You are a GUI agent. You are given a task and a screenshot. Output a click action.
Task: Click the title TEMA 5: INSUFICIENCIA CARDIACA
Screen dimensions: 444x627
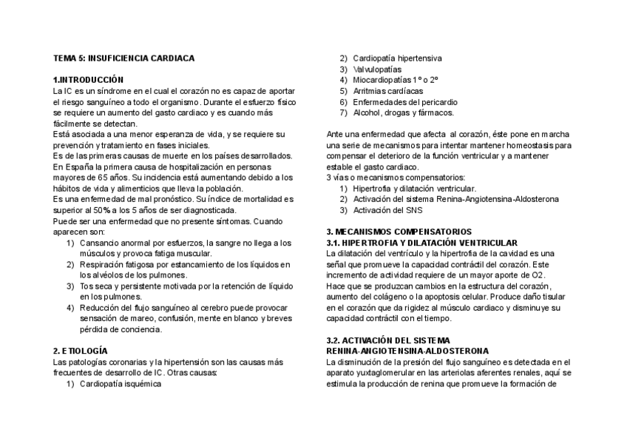click(x=124, y=58)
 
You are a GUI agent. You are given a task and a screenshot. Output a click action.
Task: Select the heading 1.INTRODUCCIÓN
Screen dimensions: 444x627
click(x=88, y=79)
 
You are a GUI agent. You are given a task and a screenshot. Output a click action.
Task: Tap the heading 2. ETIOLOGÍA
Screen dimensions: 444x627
click(x=81, y=350)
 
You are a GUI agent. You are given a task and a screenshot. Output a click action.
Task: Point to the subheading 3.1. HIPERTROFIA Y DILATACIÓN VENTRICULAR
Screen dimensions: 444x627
click(x=422, y=243)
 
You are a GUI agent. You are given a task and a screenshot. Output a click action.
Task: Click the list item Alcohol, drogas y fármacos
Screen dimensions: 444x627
click(x=403, y=112)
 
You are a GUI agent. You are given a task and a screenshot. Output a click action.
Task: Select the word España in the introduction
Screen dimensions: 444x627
click(x=77, y=166)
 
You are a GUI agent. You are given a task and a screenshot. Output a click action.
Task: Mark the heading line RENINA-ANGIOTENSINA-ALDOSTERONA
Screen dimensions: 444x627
click(x=407, y=351)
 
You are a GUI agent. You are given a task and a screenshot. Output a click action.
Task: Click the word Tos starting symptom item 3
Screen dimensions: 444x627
click(x=87, y=286)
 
